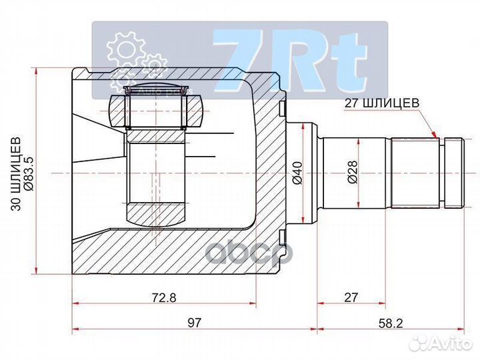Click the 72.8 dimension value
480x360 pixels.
pos(163,298)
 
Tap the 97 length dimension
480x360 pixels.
pos(194,322)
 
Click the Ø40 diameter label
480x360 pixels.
pos(297,173)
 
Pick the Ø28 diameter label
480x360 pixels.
pos(351,173)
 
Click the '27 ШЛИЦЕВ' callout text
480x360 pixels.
pos(382,103)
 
